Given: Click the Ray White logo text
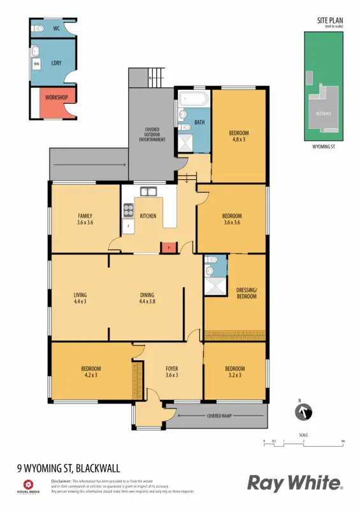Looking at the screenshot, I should [x=294, y=483].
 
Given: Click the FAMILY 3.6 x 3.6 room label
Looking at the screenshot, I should [x=85, y=219].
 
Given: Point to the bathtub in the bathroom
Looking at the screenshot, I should [x=194, y=99].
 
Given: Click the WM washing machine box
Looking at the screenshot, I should [x=36, y=64].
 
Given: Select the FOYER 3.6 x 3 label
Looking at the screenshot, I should [x=171, y=372].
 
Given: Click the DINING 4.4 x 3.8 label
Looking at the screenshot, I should [x=148, y=298].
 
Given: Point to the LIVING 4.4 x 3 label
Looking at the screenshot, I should [x=80, y=298].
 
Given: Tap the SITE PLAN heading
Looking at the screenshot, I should [x=330, y=21].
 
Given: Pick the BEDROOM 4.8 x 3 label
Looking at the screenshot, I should [x=238, y=136].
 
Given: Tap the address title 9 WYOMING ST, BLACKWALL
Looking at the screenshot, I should [x=69, y=469].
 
